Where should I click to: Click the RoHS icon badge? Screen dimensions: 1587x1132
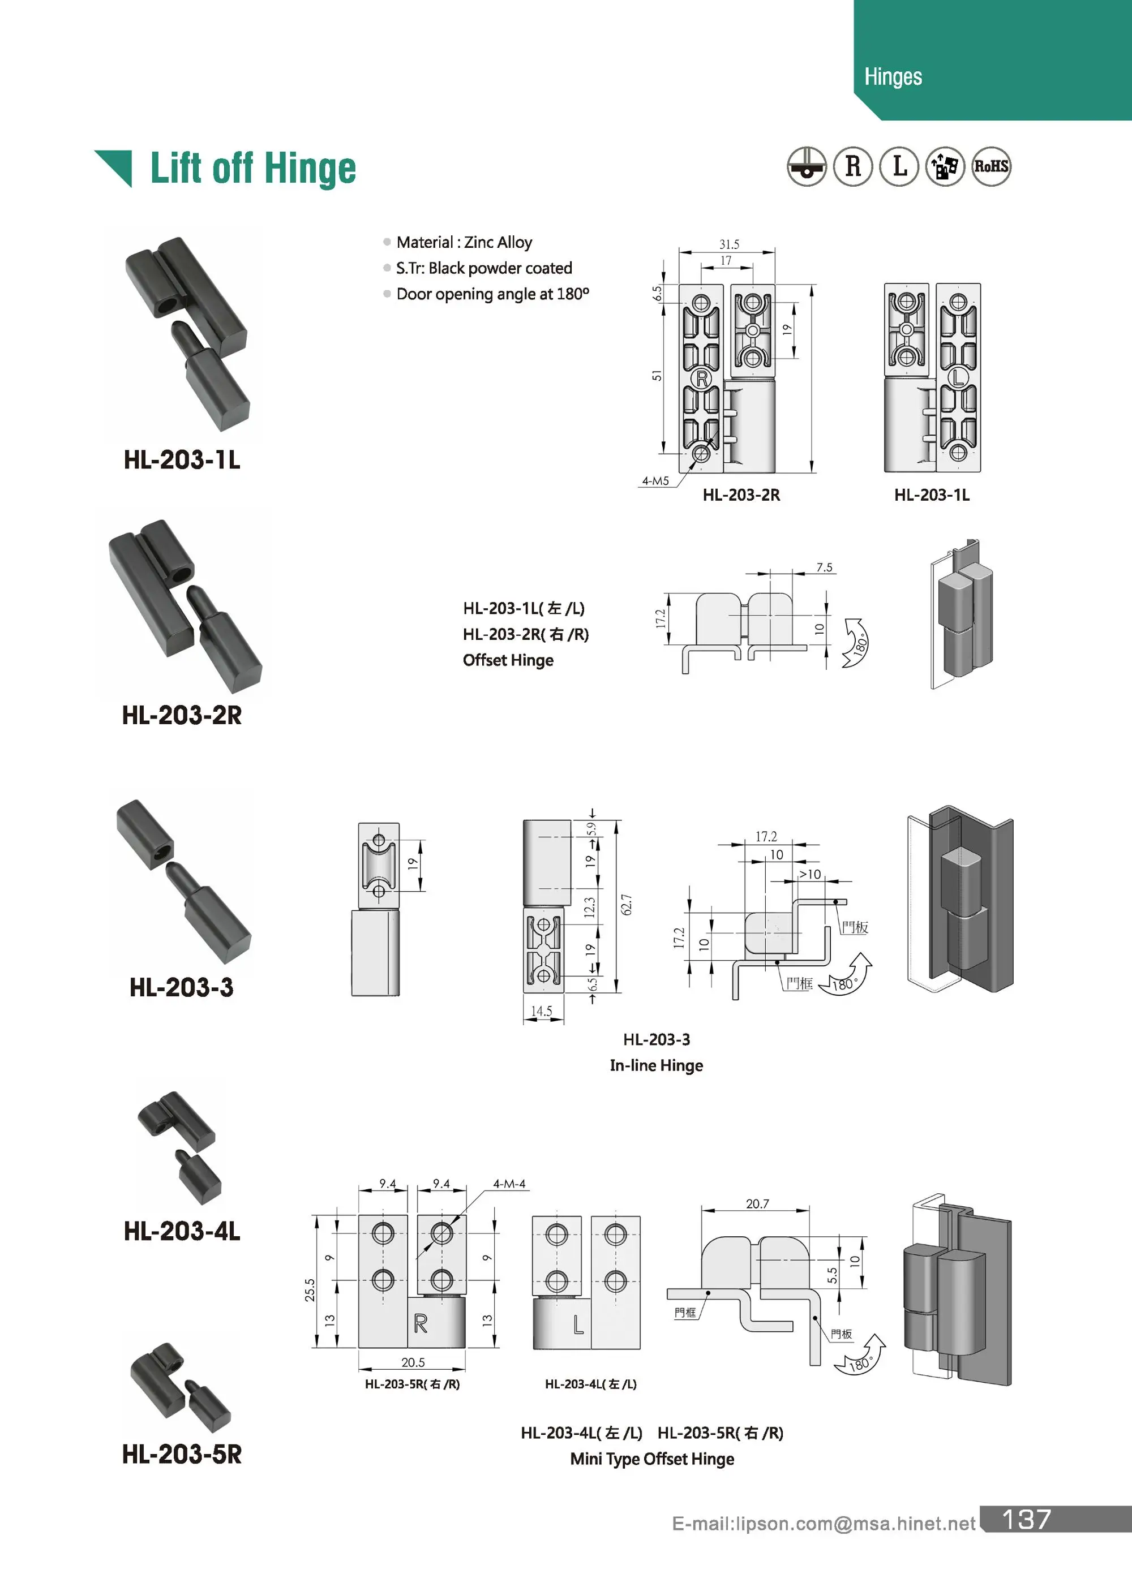pos(990,166)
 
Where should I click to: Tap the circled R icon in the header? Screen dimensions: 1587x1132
pos(853,166)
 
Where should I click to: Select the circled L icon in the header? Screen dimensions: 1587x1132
pos(899,166)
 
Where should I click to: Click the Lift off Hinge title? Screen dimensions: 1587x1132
pos(252,169)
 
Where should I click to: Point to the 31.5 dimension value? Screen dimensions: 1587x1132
pos(728,244)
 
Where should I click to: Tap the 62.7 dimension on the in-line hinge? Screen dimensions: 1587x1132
pos(627,905)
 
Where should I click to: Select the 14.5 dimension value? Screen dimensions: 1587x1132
pos(541,1011)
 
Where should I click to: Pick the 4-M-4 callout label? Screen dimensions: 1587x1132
pos(509,1184)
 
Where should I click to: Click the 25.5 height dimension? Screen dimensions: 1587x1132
pos(310,1289)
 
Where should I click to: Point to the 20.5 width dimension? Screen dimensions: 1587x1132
pos(413,1362)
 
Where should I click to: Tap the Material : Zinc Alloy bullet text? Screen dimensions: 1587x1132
pos(464,243)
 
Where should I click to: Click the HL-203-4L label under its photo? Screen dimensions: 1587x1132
pos(182,1231)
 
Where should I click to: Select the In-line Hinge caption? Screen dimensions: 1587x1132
pos(656,1065)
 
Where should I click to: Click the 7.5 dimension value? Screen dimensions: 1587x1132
pos(824,567)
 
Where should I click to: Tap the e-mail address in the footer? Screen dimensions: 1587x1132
pos(823,1524)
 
